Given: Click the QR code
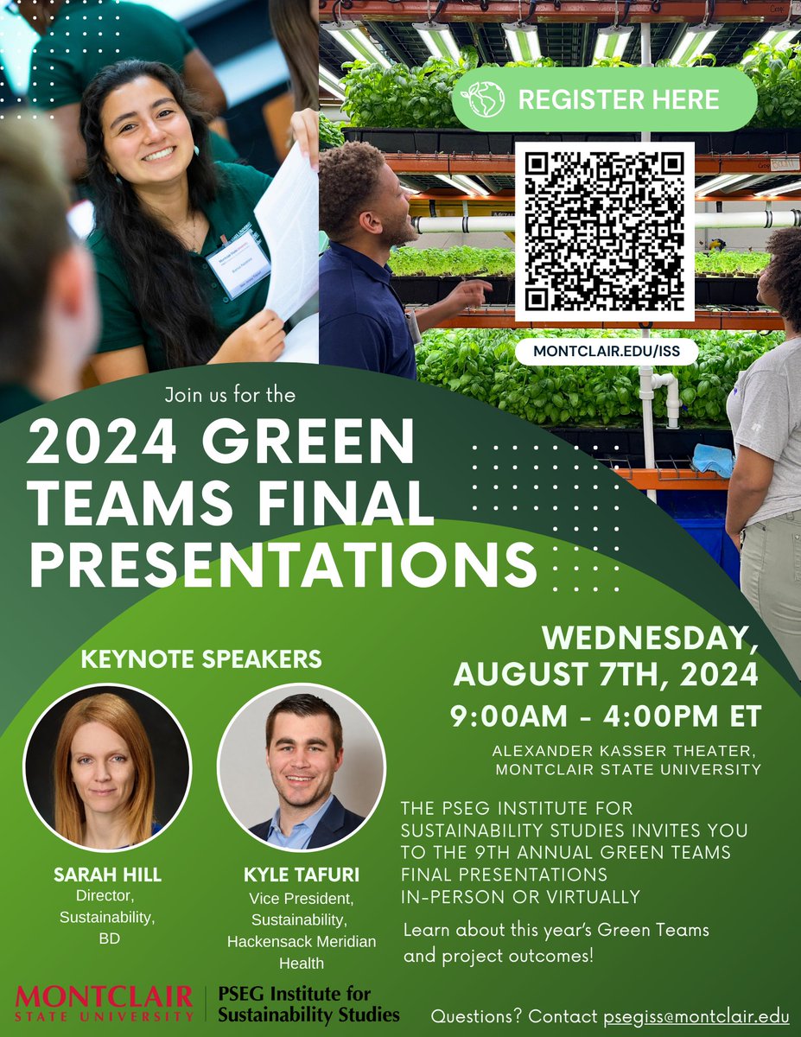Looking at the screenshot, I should [605, 231].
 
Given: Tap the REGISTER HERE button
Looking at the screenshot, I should [604, 99].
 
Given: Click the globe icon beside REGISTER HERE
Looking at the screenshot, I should [487, 99].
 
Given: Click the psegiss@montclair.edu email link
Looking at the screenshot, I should [696, 1016].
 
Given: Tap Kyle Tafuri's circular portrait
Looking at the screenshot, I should [302, 767].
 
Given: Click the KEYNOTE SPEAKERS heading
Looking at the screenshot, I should [201, 659].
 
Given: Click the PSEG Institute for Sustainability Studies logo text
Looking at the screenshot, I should [308, 1002].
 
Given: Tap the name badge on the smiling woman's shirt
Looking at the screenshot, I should [238, 263].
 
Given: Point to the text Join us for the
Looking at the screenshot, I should [229, 396].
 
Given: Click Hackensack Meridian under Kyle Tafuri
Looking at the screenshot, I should [302, 941].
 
